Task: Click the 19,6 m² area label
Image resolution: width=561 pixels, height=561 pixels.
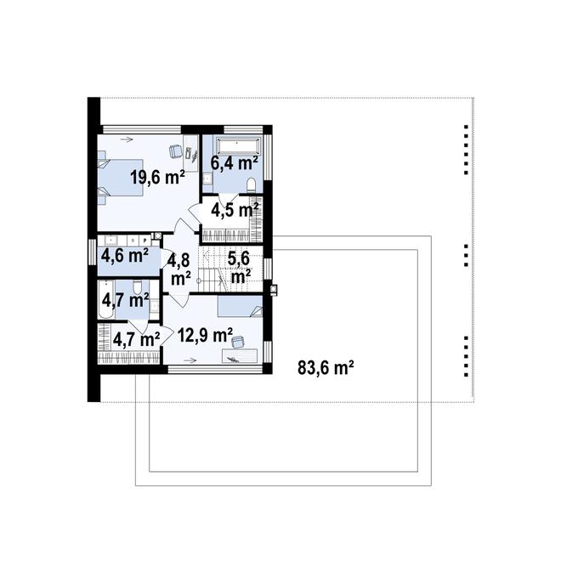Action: pyautogui.click(x=157, y=177)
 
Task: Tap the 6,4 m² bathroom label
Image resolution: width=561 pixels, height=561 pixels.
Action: pyautogui.click(x=234, y=163)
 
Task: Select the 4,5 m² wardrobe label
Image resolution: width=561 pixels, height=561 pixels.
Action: pyautogui.click(x=235, y=210)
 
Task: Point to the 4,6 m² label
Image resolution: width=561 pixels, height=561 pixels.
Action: pyautogui.click(x=125, y=256)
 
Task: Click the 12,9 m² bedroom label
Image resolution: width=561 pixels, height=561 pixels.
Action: pyautogui.click(x=205, y=335)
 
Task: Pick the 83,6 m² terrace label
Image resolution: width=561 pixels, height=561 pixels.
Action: pyautogui.click(x=326, y=367)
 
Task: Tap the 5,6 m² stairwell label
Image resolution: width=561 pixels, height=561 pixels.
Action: pyautogui.click(x=240, y=267)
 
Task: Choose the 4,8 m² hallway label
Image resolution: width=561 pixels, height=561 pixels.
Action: pyautogui.click(x=179, y=269)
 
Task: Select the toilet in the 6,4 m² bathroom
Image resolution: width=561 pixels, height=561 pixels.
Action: pyautogui.click(x=252, y=184)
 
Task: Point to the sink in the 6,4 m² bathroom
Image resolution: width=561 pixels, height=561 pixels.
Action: pyautogui.click(x=207, y=178)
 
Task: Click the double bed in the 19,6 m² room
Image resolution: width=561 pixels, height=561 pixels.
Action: pyautogui.click(x=121, y=178)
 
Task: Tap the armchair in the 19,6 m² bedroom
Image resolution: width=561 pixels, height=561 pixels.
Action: pyautogui.click(x=175, y=150)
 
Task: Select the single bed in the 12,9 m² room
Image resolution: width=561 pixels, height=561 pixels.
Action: pyautogui.click(x=240, y=306)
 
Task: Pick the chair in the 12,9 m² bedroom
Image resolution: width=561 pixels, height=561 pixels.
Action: pyautogui.click(x=237, y=342)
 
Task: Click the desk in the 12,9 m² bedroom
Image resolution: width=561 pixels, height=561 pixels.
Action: pyautogui.click(x=240, y=356)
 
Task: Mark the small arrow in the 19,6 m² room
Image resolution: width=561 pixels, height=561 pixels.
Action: pyautogui.click(x=127, y=139)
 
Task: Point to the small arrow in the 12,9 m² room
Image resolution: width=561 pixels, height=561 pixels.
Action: pyautogui.click(x=190, y=360)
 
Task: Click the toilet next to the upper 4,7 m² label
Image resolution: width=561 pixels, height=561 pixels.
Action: pyautogui.click(x=137, y=286)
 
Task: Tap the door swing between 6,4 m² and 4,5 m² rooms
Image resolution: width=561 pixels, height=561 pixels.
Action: pyautogui.click(x=229, y=199)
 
